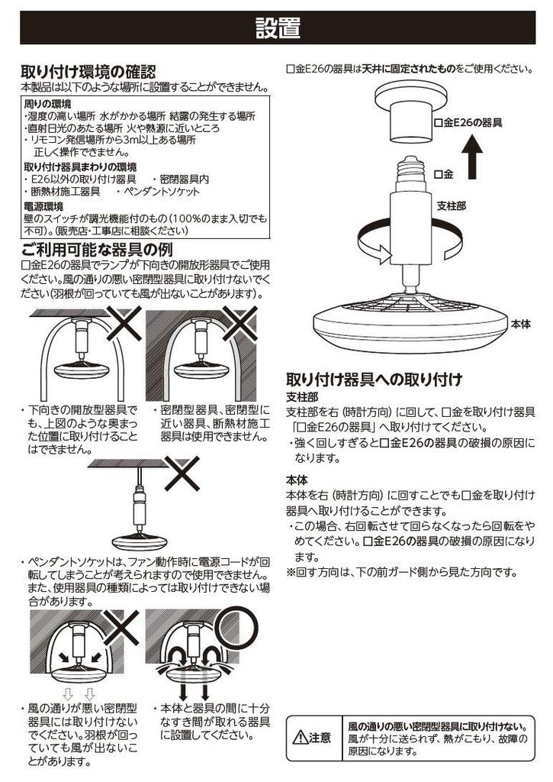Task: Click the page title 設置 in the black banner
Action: click(278, 28)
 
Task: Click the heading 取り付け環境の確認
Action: click(88, 71)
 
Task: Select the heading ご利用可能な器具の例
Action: click(97, 250)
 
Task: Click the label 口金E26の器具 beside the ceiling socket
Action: click(468, 123)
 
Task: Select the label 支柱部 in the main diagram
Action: click(452, 205)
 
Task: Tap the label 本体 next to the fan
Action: click(521, 325)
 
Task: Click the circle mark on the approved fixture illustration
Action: click(238, 628)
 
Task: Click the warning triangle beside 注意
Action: click(301, 738)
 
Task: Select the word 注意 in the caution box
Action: click(320, 738)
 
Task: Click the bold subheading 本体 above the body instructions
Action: click(297, 481)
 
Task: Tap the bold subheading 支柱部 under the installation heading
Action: click(301, 397)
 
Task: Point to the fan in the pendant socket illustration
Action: click(139, 542)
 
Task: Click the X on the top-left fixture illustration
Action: click(124, 323)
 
